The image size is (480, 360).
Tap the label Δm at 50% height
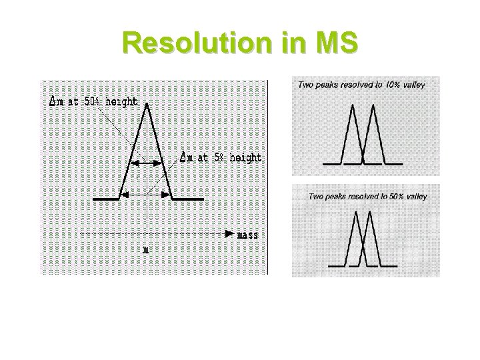coord(94,102)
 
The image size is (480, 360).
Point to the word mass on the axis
coord(248,235)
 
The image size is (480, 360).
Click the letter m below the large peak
coord(145,251)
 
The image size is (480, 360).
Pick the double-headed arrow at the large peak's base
coord(147,194)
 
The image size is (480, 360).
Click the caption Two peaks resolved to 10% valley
coord(361,85)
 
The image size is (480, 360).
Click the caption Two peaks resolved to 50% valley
coord(367,196)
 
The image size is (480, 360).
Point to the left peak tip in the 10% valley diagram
coord(353,105)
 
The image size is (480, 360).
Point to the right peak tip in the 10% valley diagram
coord(373,105)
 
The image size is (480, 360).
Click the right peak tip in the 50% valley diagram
coord(371,213)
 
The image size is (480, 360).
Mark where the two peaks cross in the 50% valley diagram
coord(364,240)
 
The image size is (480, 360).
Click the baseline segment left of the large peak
coord(106,199)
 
